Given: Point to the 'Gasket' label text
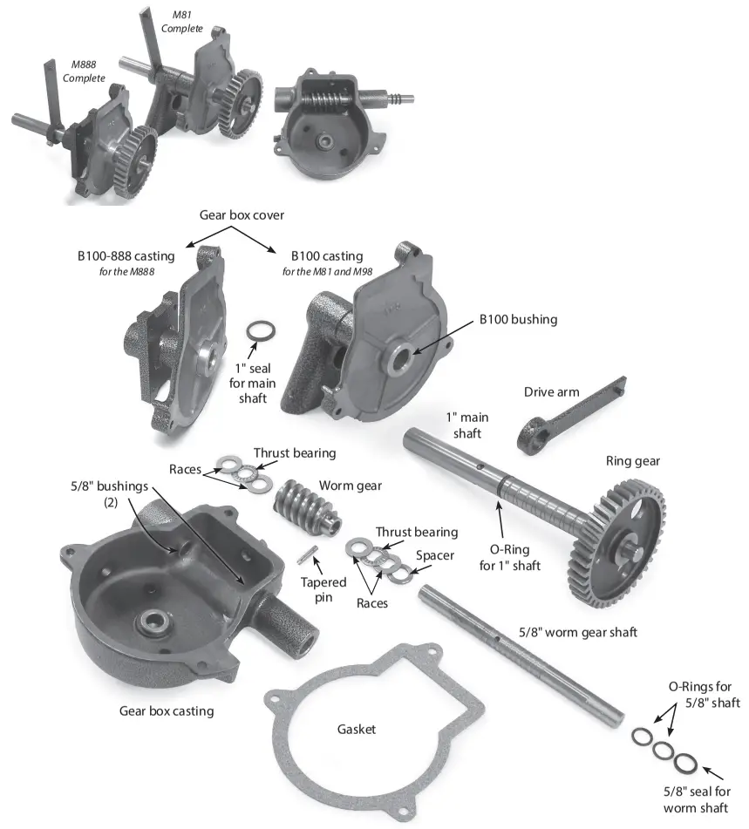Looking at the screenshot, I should click(x=356, y=729).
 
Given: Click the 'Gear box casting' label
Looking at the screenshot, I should click(x=166, y=710).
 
